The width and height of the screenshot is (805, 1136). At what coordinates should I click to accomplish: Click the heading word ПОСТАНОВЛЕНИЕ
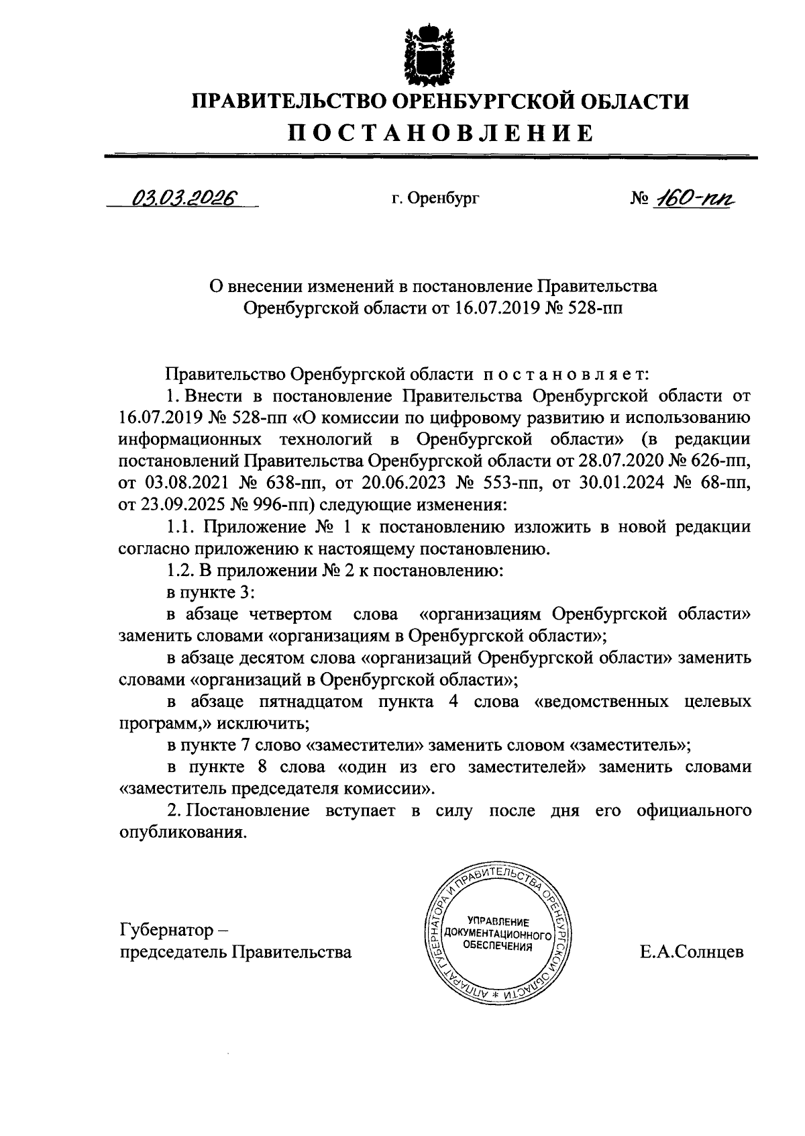pos(441,132)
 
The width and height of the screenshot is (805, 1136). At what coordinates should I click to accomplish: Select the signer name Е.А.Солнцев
pos(692,951)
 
